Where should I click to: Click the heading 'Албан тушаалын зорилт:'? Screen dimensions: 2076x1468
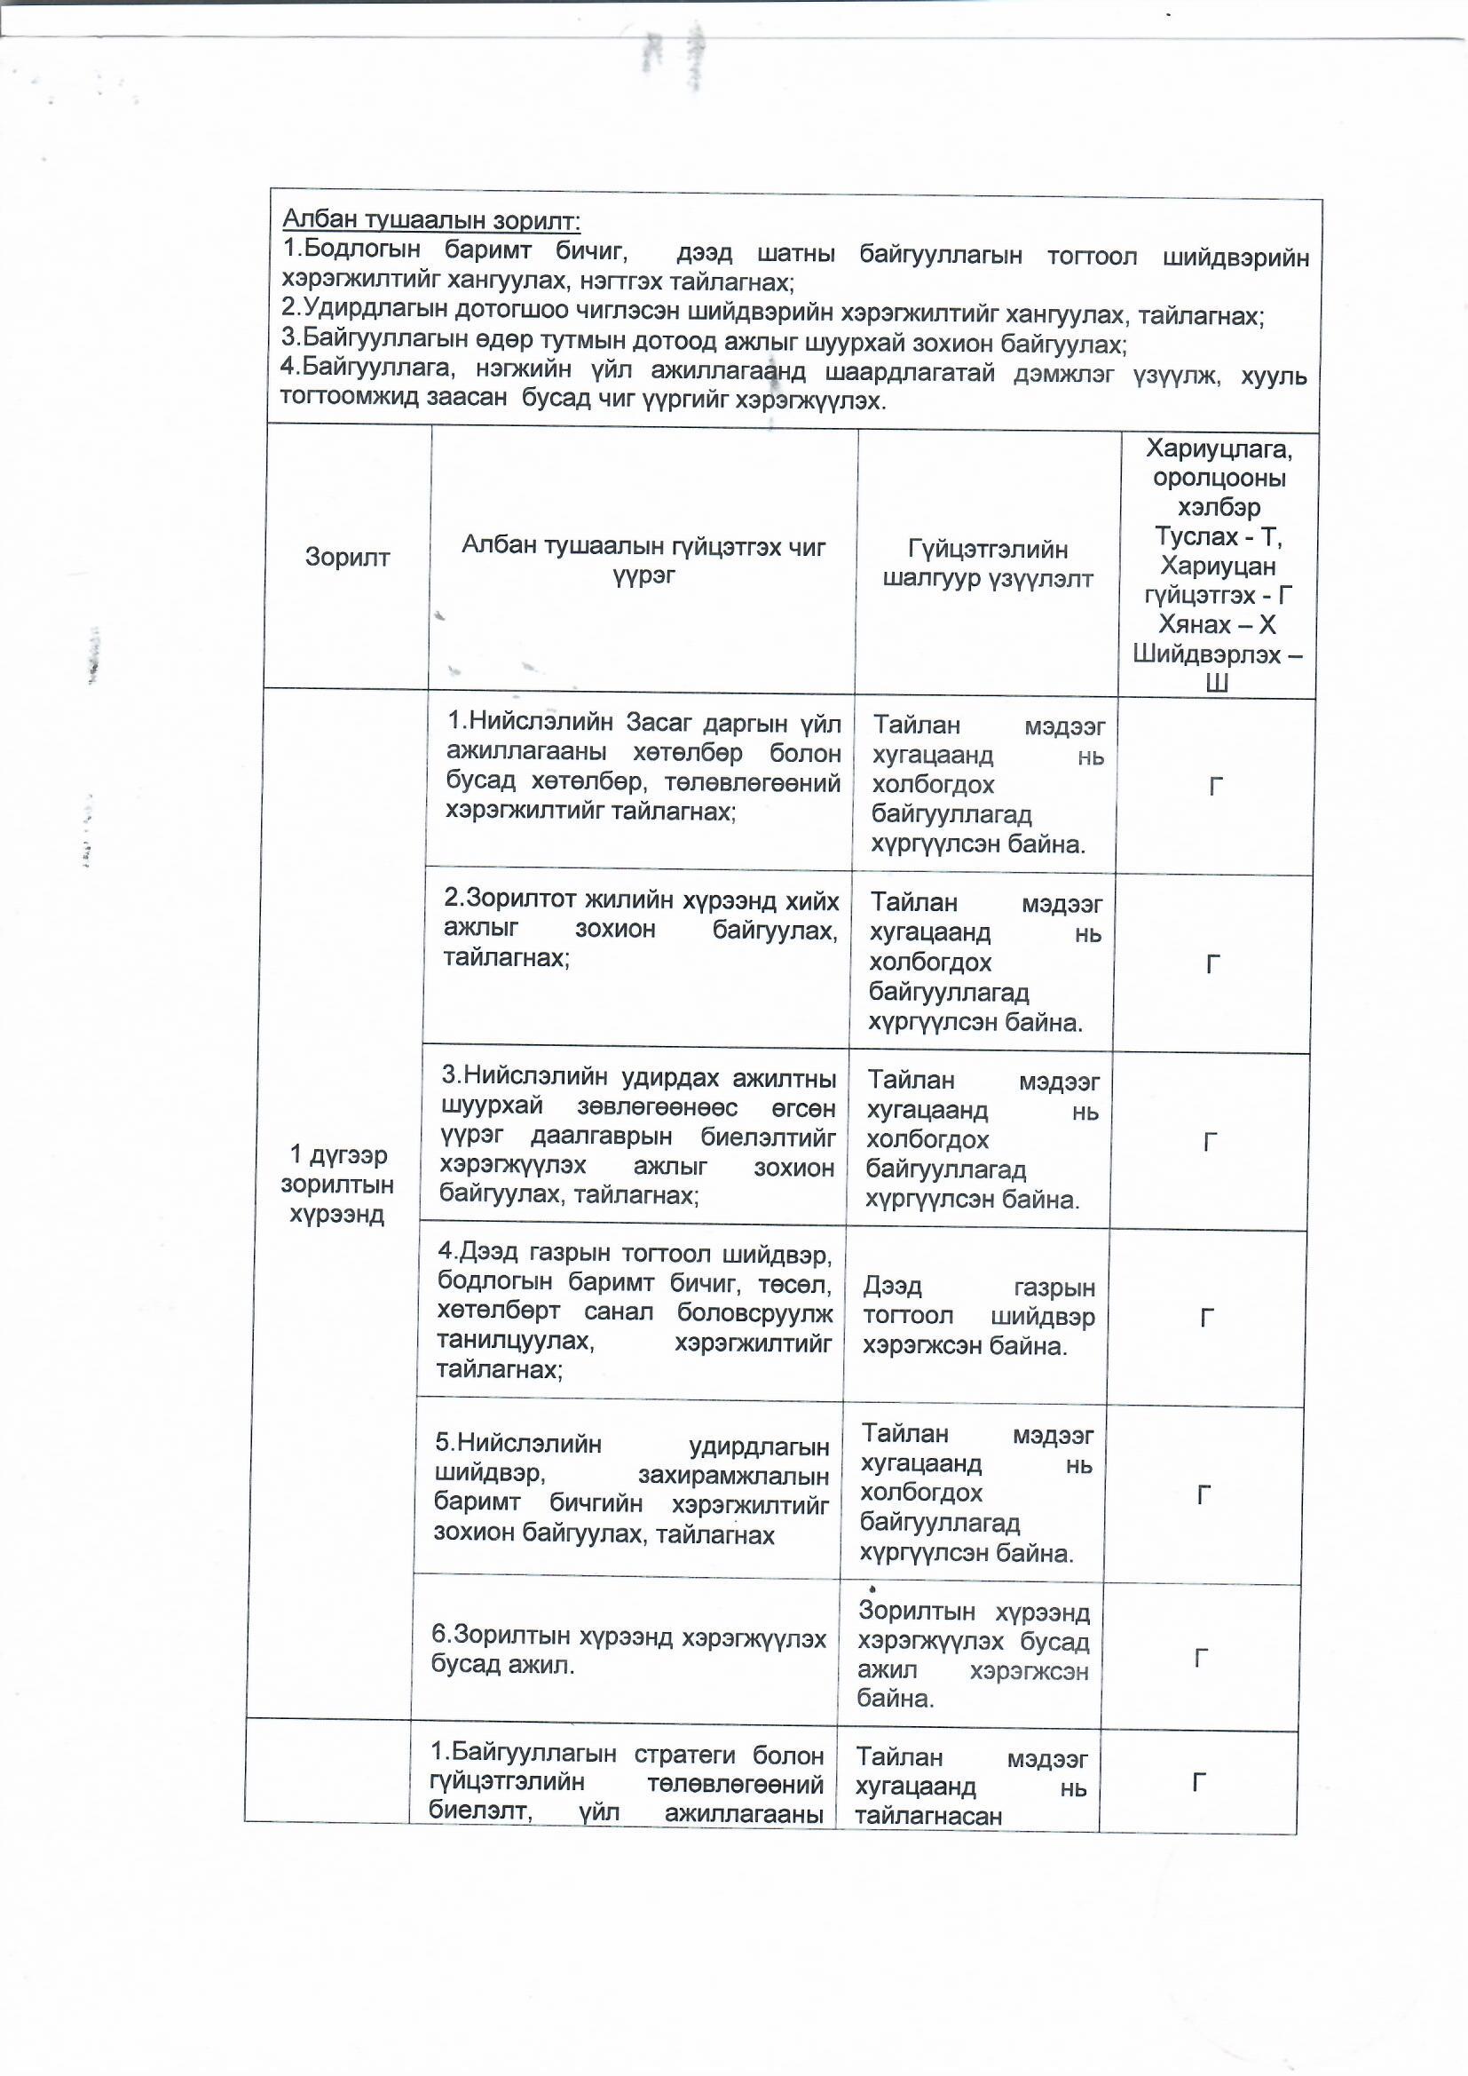pyautogui.click(x=431, y=219)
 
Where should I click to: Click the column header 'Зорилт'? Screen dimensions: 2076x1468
pyautogui.click(x=347, y=556)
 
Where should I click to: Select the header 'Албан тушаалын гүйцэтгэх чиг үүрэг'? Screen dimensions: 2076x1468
pyautogui.click(x=643, y=560)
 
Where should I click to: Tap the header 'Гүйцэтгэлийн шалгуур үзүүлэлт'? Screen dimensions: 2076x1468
pyautogui.click(x=988, y=563)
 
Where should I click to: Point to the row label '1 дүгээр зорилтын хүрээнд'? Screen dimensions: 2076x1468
pyautogui.click(x=336, y=1184)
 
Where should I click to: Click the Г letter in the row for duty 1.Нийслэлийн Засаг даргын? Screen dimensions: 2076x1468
pyautogui.click(x=1216, y=787)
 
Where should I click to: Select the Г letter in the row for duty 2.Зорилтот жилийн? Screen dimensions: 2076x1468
pyautogui.click(x=1213, y=965)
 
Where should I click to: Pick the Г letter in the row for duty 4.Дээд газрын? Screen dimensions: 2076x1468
pyautogui.click(x=1206, y=1319)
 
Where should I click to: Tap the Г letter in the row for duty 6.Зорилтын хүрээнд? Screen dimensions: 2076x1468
pyautogui.click(x=1202, y=1658)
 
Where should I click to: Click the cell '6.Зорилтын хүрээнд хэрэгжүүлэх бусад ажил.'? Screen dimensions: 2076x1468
pyautogui.click(x=628, y=1649)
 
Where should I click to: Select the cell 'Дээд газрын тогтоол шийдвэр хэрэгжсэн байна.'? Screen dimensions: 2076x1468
pyautogui.click(x=978, y=1316)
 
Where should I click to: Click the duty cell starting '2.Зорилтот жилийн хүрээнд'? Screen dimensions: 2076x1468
pyautogui.click(x=640, y=929)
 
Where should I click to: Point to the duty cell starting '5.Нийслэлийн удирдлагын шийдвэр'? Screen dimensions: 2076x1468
pyautogui.click(x=631, y=1488)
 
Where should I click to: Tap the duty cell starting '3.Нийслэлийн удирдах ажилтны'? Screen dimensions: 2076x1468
pyautogui.click(x=637, y=1137)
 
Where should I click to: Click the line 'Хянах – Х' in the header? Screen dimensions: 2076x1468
pyautogui.click(x=1217, y=624)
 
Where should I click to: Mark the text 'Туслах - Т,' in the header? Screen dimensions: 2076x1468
pyautogui.click(x=1219, y=536)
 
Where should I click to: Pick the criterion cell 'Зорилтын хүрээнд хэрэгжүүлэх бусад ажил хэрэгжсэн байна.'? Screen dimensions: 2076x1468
pyautogui.click(x=973, y=1654)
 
